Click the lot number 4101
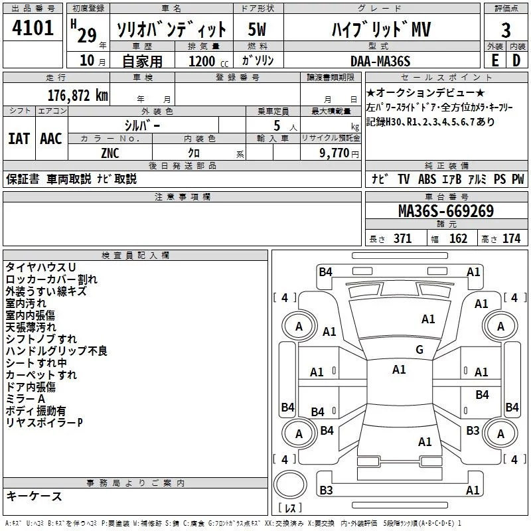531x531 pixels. (x=33, y=28)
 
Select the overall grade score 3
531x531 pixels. (x=506, y=30)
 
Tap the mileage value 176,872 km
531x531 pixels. (x=78, y=96)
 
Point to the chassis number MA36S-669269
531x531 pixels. (x=446, y=211)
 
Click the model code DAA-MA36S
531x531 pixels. (x=380, y=61)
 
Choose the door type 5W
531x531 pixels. (x=257, y=29)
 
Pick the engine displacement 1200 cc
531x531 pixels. (x=208, y=61)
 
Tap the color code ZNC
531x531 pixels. (x=110, y=153)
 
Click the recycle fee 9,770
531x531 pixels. (x=334, y=153)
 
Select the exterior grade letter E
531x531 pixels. (x=494, y=60)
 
